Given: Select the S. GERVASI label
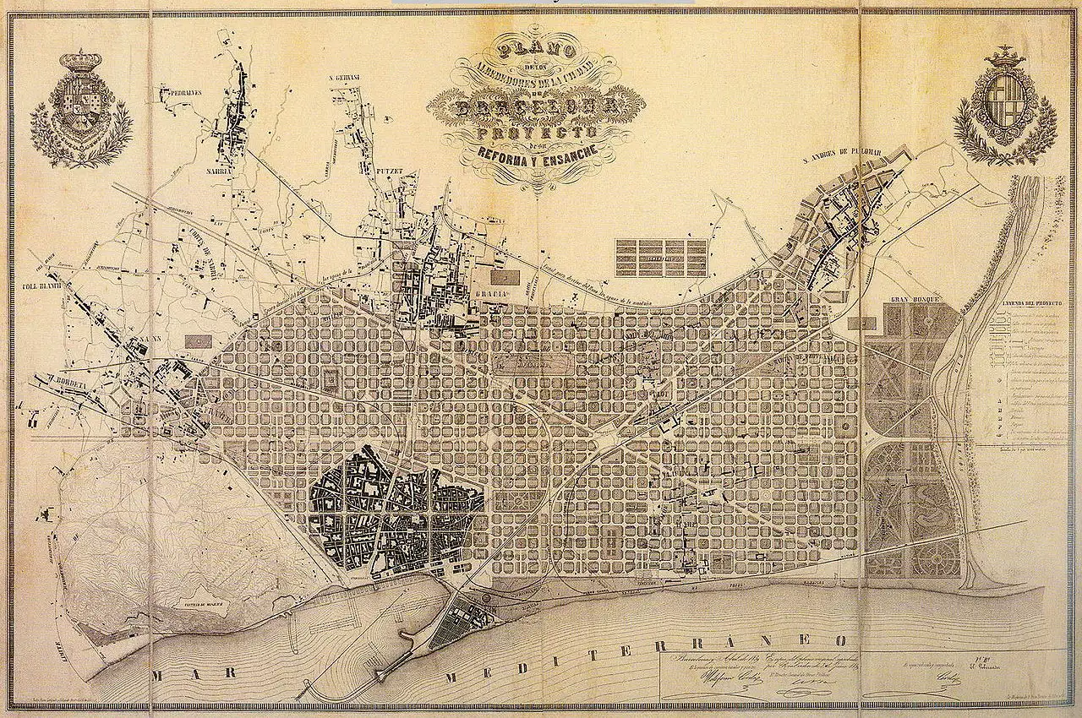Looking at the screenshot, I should (x=344, y=78).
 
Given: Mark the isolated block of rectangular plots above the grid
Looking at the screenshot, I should (x=661, y=258).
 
